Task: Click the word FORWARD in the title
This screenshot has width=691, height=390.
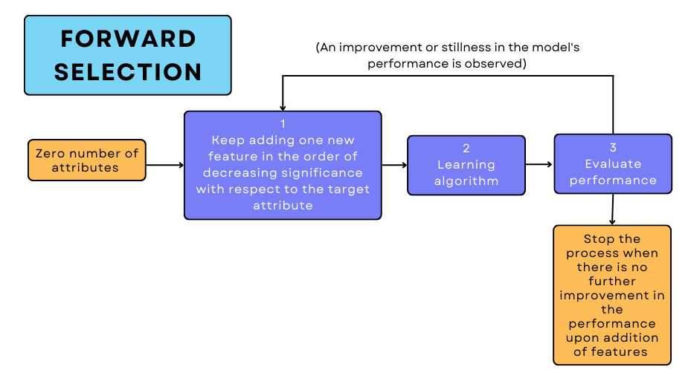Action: [128, 39]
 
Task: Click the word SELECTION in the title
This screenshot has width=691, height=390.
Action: [128, 72]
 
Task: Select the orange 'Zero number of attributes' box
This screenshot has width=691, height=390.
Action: [87, 160]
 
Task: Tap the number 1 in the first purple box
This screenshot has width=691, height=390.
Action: [283, 124]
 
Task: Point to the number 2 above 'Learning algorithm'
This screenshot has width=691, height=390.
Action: [466, 148]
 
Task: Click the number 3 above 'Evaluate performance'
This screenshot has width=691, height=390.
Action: [612, 147]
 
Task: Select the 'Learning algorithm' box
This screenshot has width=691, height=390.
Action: [466, 164]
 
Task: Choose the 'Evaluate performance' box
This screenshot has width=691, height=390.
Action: [612, 164]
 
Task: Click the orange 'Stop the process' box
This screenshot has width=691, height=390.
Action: [612, 295]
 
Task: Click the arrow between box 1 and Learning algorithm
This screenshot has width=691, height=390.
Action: [394, 165]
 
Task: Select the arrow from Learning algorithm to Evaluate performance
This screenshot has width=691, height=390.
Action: [539, 164]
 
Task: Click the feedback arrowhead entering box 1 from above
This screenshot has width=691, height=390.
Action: [283, 107]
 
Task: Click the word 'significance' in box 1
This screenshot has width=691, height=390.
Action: [324, 172]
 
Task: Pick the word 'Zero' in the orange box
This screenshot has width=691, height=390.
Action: [51, 153]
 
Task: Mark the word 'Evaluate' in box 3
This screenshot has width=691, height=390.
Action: [612, 163]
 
